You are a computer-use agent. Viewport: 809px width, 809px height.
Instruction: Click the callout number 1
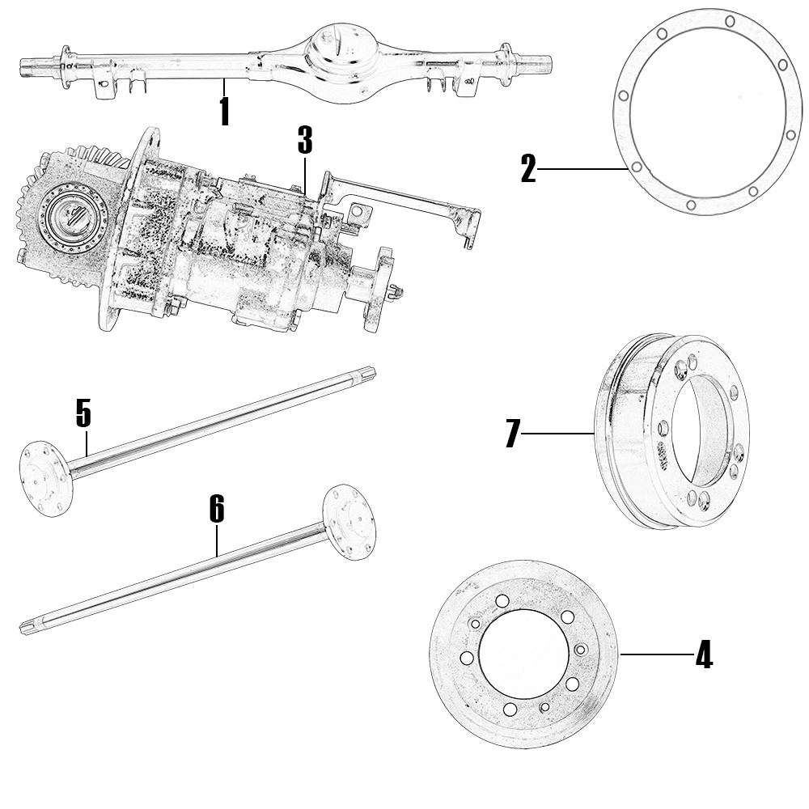224,112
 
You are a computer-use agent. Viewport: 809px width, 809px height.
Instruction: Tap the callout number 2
528,170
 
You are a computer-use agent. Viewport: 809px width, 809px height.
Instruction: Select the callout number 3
304,140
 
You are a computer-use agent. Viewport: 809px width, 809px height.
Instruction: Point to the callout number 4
704,654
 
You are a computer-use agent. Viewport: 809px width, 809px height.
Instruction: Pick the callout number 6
216,509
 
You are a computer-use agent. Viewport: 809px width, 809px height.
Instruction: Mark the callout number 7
511,434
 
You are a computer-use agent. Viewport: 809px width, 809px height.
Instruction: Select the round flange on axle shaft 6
349,522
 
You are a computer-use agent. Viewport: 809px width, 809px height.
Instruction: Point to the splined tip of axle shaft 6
28,627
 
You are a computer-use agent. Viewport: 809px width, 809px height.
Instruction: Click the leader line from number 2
582,169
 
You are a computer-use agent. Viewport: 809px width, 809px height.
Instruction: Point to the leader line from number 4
655,654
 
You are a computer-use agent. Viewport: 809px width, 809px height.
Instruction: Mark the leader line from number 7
558,434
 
